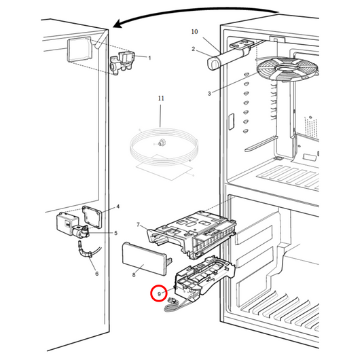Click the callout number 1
click(x=149, y=58)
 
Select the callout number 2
click(x=194, y=49)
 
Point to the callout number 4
click(x=117, y=206)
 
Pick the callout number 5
click(x=115, y=233)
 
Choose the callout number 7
click(x=138, y=224)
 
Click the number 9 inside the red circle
click(x=160, y=294)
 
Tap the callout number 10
click(x=195, y=32)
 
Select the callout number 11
click(x=161, y=99)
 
